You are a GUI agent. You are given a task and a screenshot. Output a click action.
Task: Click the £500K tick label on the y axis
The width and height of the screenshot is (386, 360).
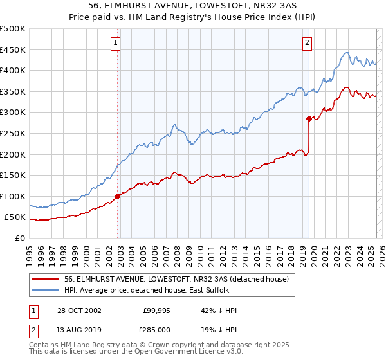click(x=13, y=29)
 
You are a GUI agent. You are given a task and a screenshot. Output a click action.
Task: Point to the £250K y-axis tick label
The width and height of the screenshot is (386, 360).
click(x=13, y=133)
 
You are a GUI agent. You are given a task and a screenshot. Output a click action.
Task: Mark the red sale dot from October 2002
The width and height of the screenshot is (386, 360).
click(x=118, y=196)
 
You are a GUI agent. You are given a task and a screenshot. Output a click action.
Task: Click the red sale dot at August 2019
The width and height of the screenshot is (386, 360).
click(x=309, y=118)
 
